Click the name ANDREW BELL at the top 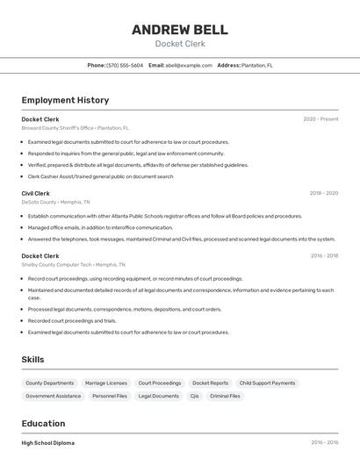point(179,29)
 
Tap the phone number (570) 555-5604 point(125,65)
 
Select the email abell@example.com point(188,65)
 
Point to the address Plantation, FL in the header point(256,65)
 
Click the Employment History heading point(65,100)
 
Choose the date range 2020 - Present point(320,119)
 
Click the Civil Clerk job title point(36,193)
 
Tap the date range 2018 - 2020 point(323,193)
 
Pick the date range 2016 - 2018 point(324,256)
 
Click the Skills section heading point(32,360)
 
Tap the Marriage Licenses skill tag point(105,383)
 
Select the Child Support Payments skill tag point(267,383)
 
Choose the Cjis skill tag point(194,396)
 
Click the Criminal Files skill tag point(225,396)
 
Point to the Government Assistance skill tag point(53,396)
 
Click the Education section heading point(44,423)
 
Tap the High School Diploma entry point(48,443)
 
